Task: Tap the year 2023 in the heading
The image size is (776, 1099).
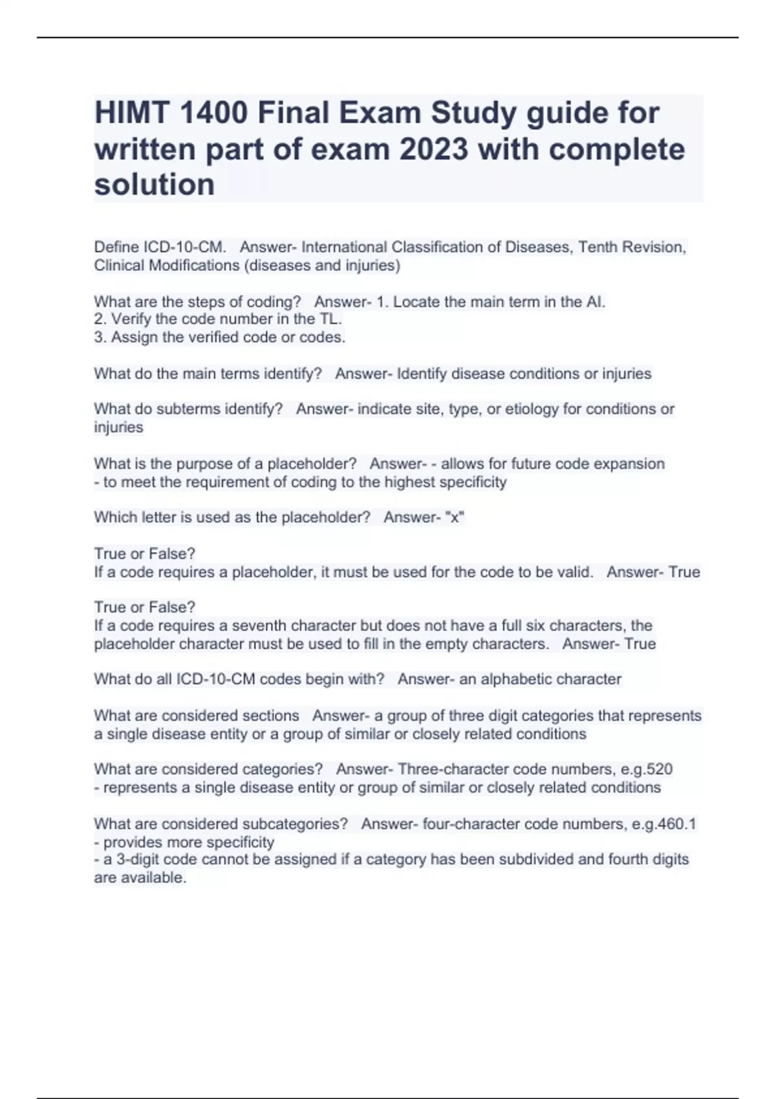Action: click(434, 149)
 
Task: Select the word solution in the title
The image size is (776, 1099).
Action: click(155, 185)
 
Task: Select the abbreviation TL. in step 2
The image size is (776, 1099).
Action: click(330, 319)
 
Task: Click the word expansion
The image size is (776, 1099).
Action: click(629, 464)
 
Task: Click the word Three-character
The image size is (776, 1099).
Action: click(452, 769)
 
